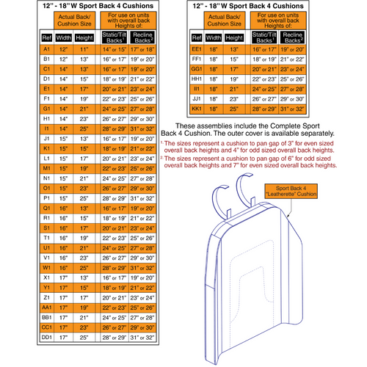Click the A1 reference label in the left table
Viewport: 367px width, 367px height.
tap(46, 49)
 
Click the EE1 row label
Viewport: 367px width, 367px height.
tap(196, 49)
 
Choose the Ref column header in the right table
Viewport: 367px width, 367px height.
tap(196, 36)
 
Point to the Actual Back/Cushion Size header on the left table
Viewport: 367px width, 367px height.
tap(76, 19)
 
